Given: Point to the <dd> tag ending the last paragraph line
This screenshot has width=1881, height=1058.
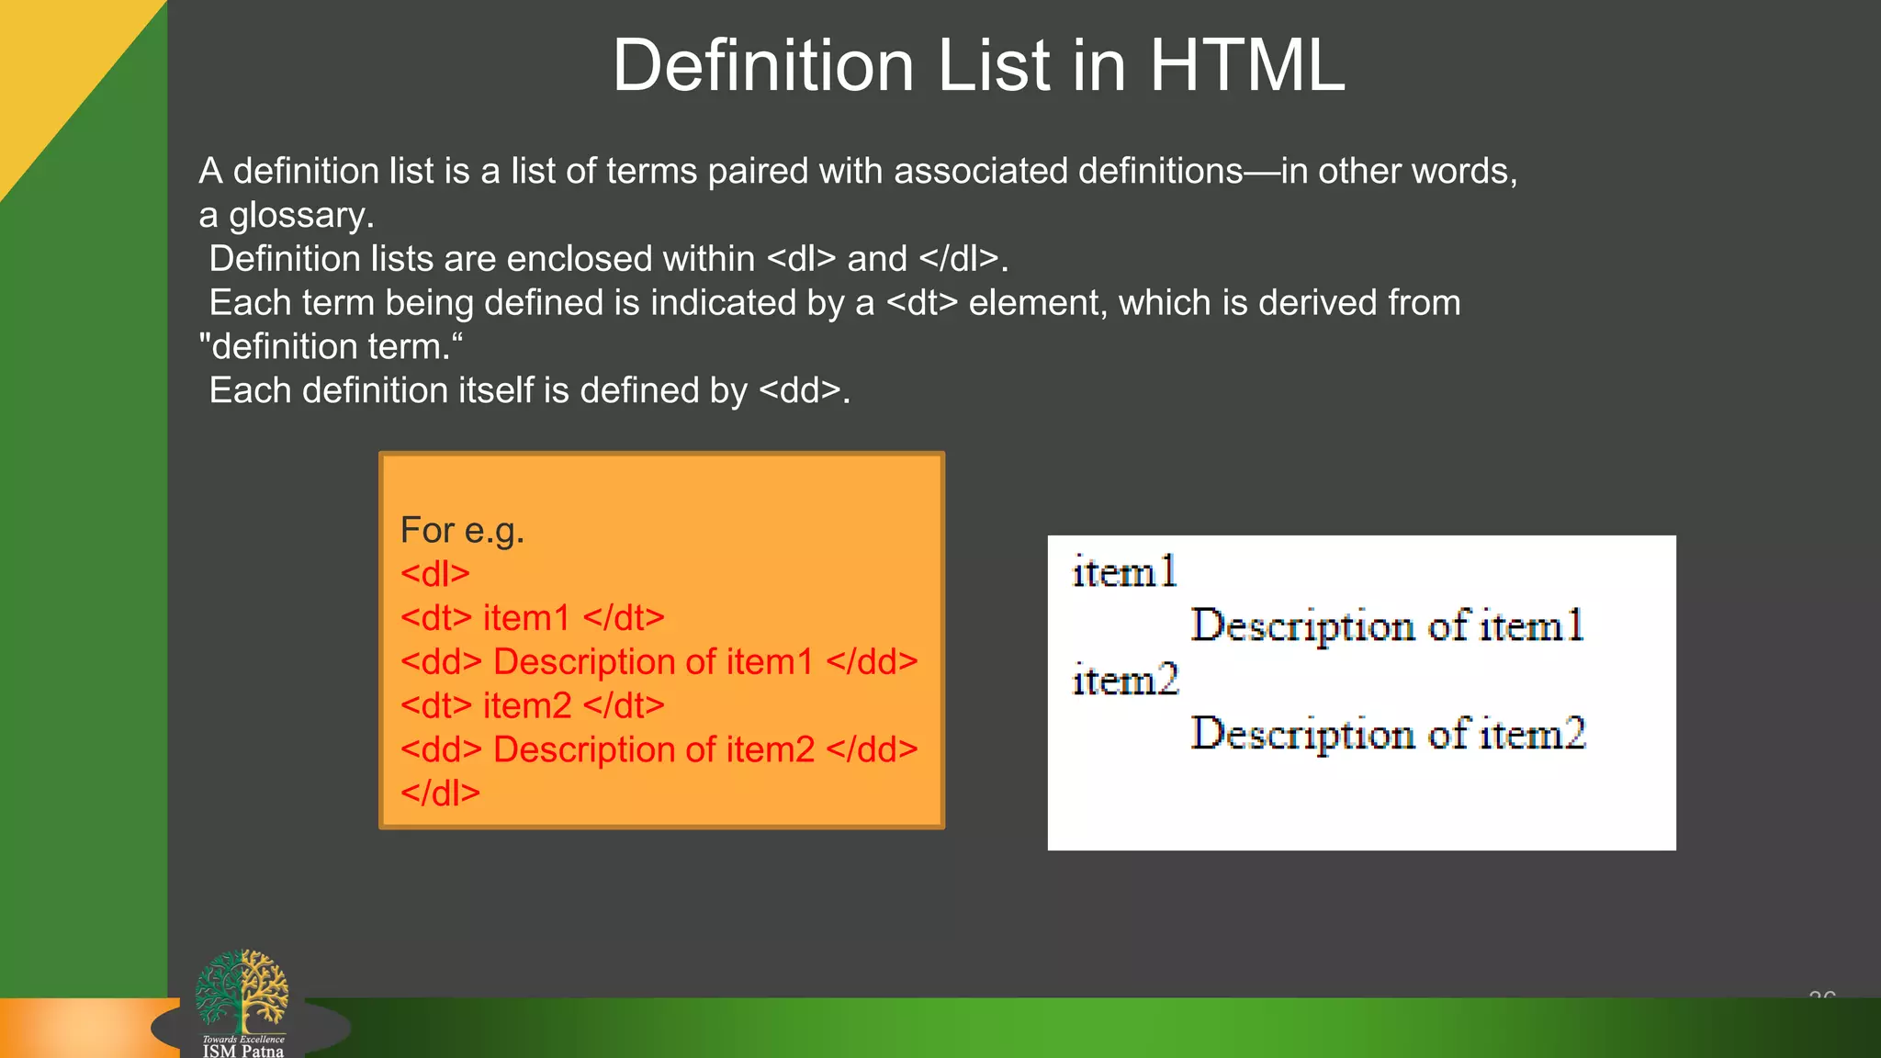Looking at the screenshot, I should click(x=799, y=391).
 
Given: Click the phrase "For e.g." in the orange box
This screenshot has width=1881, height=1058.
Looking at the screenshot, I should click(x=462, y=531).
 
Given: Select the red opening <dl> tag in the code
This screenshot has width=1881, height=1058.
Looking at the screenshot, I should click(x=434, y=574).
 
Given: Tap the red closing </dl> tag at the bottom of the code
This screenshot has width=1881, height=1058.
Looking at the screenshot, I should click(x=440, y=793).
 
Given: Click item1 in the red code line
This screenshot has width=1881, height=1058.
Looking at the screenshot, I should click(x=526, y=618).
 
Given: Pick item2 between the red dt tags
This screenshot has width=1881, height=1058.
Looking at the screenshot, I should click(x=527, y=706).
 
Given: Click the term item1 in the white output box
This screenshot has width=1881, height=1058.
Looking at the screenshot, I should click(x=1124, y=572).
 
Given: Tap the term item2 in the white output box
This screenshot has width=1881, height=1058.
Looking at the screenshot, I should click(x=1125, y=681).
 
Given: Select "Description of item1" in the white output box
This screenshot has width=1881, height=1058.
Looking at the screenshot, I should click(x=1387, y=626).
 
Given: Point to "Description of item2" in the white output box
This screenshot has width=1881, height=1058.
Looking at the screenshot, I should click(x=1388, y=734).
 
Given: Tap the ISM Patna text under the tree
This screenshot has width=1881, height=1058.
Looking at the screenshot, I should click(x=243, y=1051).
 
